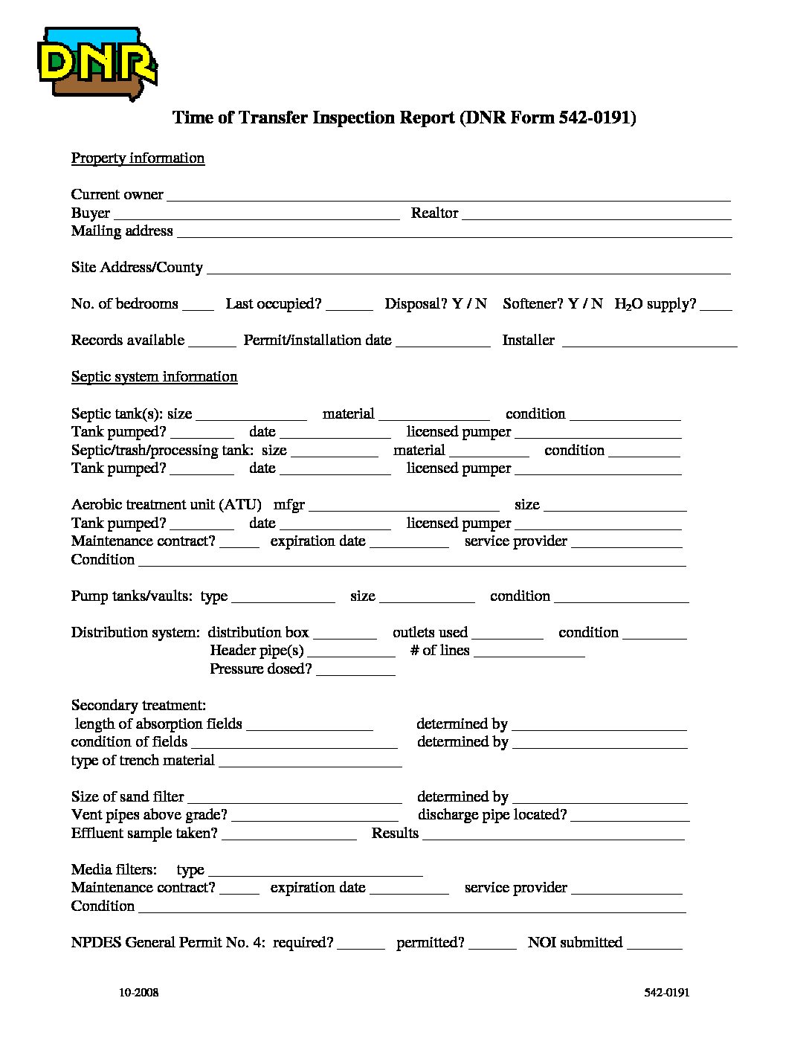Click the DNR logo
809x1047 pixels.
coord(97,63)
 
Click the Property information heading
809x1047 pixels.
coord(138,158)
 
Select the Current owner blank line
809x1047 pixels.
coord(448,196)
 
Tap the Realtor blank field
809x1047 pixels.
coord(596,215)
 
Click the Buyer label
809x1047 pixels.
coord(91,213)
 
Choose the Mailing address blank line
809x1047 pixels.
coord(454,233)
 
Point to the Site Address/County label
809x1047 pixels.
coord(137,267)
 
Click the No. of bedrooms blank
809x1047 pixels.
coord(198,306)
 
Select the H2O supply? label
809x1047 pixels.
coord(655,304)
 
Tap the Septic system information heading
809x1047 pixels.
coord(154,376)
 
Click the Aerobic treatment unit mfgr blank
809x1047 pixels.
coord(404,507)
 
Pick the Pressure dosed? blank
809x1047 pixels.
coord(355,671)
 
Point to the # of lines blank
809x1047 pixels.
coord(529,653)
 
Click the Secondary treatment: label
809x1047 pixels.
coord(138,705)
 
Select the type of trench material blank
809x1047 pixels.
coord(310,763)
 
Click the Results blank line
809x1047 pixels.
coord(553,836)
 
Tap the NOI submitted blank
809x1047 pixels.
coord(654,945)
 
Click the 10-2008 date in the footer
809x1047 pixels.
coord(138,993)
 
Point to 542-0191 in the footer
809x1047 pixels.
coord(667,993)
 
